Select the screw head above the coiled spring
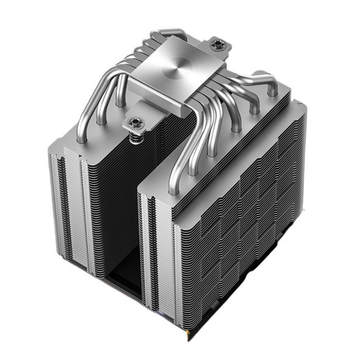(135, 122)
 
